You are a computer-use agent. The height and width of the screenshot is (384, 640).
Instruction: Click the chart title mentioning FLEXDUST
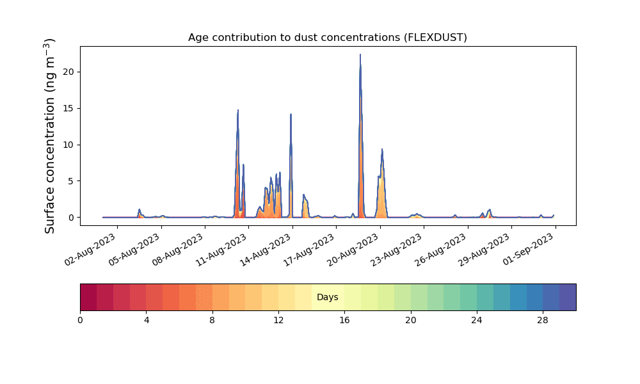(x=327, y=38)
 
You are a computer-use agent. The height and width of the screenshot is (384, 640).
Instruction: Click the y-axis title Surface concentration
(x=49, y=136)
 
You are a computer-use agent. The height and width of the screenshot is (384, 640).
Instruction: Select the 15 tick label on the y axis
(x=68, y=109)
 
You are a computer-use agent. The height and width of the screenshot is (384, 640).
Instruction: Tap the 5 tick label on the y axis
(x=72, y=181)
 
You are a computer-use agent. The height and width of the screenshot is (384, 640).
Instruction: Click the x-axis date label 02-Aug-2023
(x=91, y=250)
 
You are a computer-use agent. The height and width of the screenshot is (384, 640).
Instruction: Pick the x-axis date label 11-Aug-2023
(x=222, y=250)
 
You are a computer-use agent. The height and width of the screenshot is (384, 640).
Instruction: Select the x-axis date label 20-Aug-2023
(x=353, y=250)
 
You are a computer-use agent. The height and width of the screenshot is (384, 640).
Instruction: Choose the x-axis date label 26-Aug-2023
(x=441, y=250)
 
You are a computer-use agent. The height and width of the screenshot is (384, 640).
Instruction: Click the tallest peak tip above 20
(x=360, y=54)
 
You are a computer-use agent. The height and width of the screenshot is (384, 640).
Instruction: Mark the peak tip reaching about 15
(x=238, y=110)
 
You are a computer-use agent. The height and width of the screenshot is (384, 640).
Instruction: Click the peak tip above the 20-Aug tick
(x=382, y=149)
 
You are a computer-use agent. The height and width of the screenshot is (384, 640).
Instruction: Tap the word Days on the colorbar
(x=327, y=297)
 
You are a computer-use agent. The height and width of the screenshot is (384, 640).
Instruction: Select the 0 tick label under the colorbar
(x=81, y=321)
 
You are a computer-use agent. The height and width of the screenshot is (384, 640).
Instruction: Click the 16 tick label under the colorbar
(x=344, y=321)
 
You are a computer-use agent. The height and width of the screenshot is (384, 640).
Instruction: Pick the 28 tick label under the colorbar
(x=543, y=321)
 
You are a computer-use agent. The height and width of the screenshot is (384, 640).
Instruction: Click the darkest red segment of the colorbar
(x=88, y=297)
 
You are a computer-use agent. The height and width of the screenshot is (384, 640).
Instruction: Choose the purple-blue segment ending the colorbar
(x=568, y=297)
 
